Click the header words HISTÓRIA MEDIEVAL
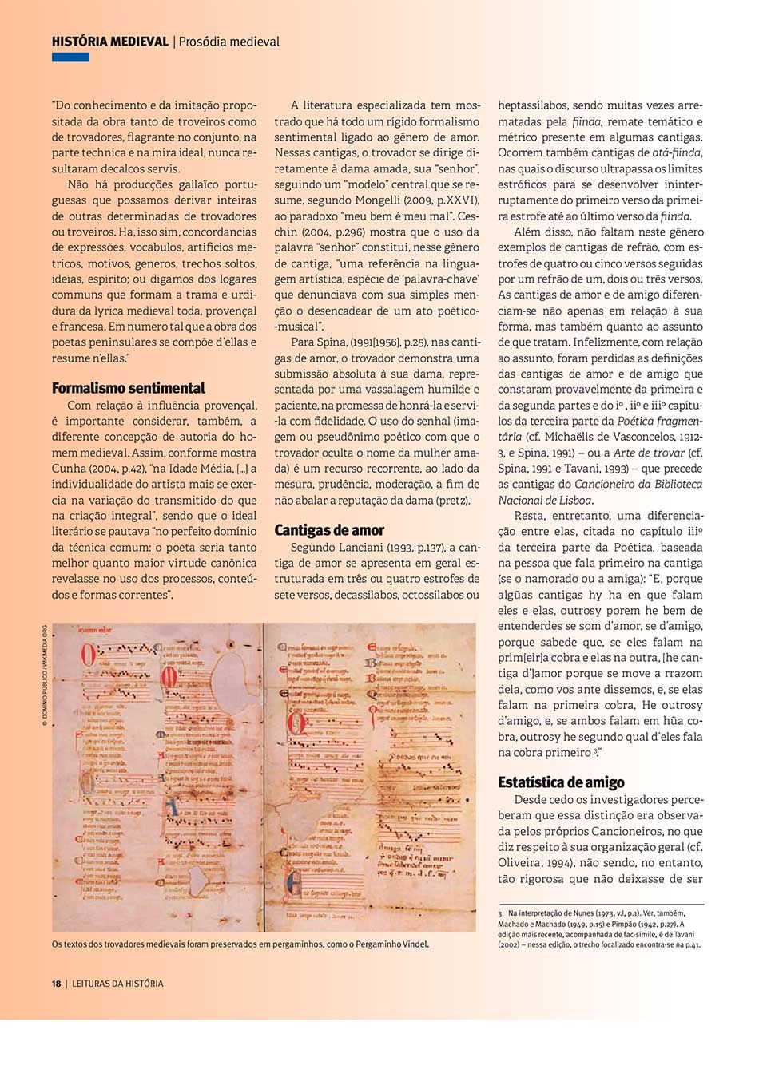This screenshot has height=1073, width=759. coord(109,42)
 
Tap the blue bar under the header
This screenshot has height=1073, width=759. coord(70,57)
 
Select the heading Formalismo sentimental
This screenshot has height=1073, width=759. coord(128,389)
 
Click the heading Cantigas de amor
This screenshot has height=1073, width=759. coord(329,530)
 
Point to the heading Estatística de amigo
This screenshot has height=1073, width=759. coord(561,782)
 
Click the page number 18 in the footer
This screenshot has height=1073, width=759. coord(57,984)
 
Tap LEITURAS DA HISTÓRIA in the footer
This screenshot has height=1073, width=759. coord(117,984)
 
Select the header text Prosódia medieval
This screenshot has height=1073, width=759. coord(229,42)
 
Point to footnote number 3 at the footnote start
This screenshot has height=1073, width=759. coord(500,913)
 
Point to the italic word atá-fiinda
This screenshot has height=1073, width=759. coord(677,152)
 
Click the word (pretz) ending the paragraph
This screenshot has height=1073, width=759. coord(451,501)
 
